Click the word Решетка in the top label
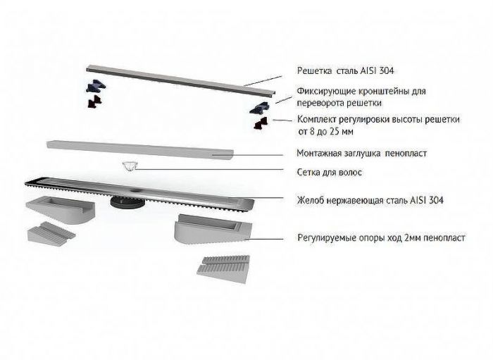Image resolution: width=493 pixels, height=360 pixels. [x=314, y=70]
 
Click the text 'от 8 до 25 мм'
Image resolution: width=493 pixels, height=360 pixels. [x=325, y=132]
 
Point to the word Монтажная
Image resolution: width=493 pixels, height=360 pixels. [x=319, y=153]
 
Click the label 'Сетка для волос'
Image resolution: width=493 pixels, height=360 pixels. [x=330, y=173]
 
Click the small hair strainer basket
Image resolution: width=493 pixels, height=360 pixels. [x=129, y=167]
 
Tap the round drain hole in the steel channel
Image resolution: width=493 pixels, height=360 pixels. [x=136, y=190]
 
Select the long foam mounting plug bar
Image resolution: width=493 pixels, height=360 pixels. [x=140, y=149]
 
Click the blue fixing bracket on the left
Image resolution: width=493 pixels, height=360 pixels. [x=96, y=85]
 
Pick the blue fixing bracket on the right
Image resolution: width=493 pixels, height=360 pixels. [x=259, y=108]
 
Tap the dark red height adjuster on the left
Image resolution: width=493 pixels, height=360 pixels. [x=95, y=101]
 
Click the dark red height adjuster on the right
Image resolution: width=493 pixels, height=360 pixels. [x=261, y=123]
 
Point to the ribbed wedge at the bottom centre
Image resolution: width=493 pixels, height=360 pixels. [x=223, y=269]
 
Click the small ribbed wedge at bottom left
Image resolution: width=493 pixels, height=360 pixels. [x=51, y=232]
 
